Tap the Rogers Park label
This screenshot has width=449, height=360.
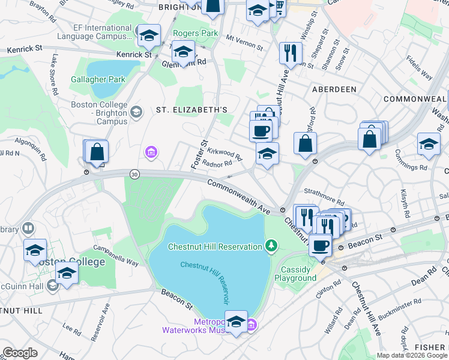[x=189, y=32]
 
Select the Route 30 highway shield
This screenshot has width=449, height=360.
[x=134, y=174]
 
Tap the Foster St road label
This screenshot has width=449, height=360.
[x=199, y=155]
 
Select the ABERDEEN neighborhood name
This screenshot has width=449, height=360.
[x=334, y=89]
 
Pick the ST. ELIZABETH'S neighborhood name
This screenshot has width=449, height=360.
[x=191, y=110]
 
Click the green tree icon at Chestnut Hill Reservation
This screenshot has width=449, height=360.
[x=271, y=246]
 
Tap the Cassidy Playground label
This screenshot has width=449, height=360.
[x=295, y=274]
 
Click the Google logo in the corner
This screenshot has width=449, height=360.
[x=20, y=352]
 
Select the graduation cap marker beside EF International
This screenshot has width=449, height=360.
[x=148, y=36]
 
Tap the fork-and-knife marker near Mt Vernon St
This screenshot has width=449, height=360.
[x=289, y=53]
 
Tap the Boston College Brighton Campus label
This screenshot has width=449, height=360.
[x=100, y=113]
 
